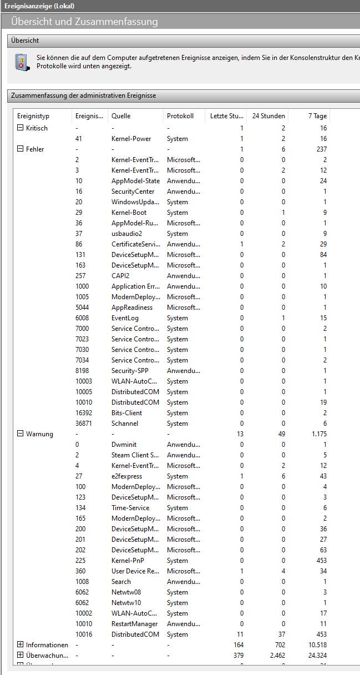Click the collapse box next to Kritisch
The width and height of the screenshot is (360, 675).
(21, 128)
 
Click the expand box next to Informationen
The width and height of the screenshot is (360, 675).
(21, 645)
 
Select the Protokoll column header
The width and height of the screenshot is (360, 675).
(180, 116)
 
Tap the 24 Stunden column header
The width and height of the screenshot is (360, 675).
(268, 116)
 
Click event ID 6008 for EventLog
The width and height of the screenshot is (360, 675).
(82, 318)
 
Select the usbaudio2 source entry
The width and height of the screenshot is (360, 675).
(126, 234)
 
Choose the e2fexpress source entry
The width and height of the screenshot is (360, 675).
(126, 476)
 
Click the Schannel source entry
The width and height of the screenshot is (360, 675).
(125, 424)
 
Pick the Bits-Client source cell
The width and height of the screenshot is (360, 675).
(126, 413)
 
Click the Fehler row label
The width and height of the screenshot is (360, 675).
(35, 149)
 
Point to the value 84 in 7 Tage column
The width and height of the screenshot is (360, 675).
(323, 255)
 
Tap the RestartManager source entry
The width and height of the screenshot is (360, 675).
(135, 624)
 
